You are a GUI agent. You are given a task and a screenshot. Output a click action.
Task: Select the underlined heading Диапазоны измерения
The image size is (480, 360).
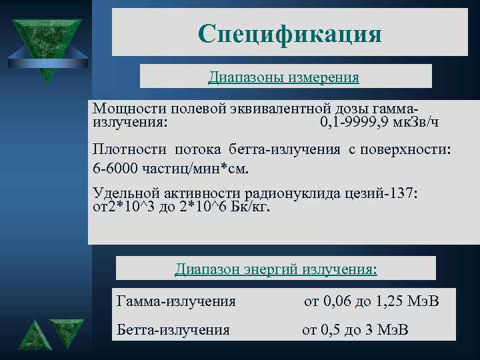coord(283,77)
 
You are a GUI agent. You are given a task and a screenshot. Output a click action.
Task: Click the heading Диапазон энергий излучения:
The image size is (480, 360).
coord(276,269)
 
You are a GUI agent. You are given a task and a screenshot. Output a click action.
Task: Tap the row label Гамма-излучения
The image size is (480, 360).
coord(176,301)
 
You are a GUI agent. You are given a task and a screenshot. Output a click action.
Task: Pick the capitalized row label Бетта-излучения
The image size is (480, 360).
coord(173,329)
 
